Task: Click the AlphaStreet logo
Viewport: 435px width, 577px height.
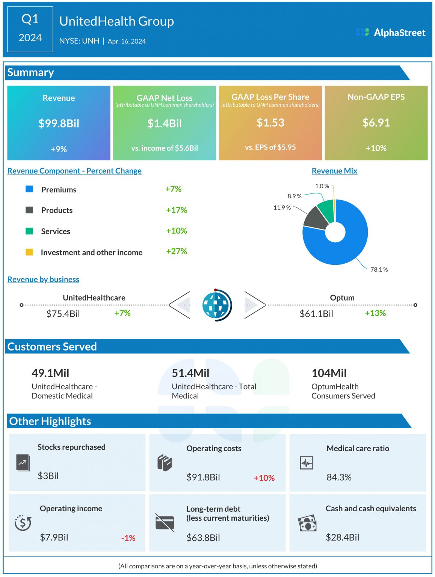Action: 391,33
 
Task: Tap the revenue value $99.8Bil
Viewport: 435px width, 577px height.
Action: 59,124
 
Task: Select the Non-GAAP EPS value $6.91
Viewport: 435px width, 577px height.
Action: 376,122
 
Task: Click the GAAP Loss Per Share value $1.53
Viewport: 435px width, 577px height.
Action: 270,122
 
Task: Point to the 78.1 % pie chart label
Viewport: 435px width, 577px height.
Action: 379,269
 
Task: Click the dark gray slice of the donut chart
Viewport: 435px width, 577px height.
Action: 314,219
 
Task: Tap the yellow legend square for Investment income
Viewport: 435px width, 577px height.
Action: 29,252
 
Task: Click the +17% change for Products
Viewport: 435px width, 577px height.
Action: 177,210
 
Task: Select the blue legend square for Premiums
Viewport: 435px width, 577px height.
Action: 29,189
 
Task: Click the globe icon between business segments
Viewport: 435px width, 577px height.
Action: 216,305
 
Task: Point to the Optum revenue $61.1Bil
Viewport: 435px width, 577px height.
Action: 316,314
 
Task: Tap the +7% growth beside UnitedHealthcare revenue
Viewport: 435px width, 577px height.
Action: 122,313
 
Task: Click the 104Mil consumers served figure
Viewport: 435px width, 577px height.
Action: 329,373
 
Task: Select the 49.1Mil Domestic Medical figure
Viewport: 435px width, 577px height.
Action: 50,373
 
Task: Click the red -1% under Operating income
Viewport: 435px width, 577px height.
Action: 128,538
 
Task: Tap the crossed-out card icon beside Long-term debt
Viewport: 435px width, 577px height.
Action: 165,523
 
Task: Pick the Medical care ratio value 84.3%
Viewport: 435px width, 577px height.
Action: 339,477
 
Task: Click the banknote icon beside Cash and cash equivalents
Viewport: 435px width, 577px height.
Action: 307,523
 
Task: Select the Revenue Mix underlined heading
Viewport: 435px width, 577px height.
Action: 334,171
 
